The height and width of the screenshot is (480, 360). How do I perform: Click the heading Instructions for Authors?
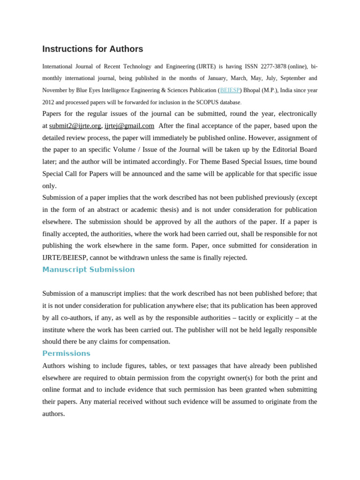coord(93,49)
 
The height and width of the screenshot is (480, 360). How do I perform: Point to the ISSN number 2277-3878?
coord(273,67)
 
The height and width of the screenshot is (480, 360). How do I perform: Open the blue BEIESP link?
coord(230,90)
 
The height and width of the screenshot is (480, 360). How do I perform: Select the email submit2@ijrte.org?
coord(75,126)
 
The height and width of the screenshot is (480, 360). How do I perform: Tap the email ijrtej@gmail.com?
coord(129,126)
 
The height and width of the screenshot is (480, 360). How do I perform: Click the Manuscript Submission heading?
coord(89,270)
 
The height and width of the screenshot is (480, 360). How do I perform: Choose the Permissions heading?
coord(66,353)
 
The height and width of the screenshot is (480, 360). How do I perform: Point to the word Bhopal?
coord(251,90)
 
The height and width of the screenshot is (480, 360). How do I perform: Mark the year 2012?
coord(48,102)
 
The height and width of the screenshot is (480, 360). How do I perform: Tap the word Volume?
coord(125,150)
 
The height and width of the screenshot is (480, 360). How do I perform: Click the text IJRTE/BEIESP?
coord(65,257)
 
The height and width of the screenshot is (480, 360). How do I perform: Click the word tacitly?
coord(250,317)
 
